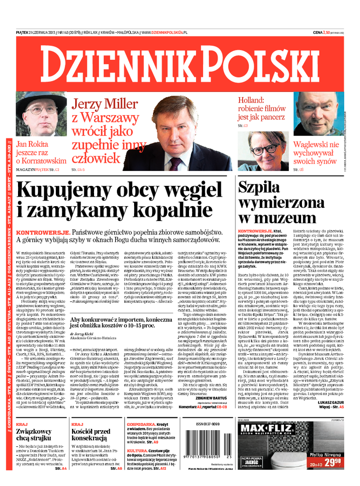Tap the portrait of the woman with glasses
(x=264, y=148)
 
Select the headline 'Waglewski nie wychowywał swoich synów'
(x=316, y=153)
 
